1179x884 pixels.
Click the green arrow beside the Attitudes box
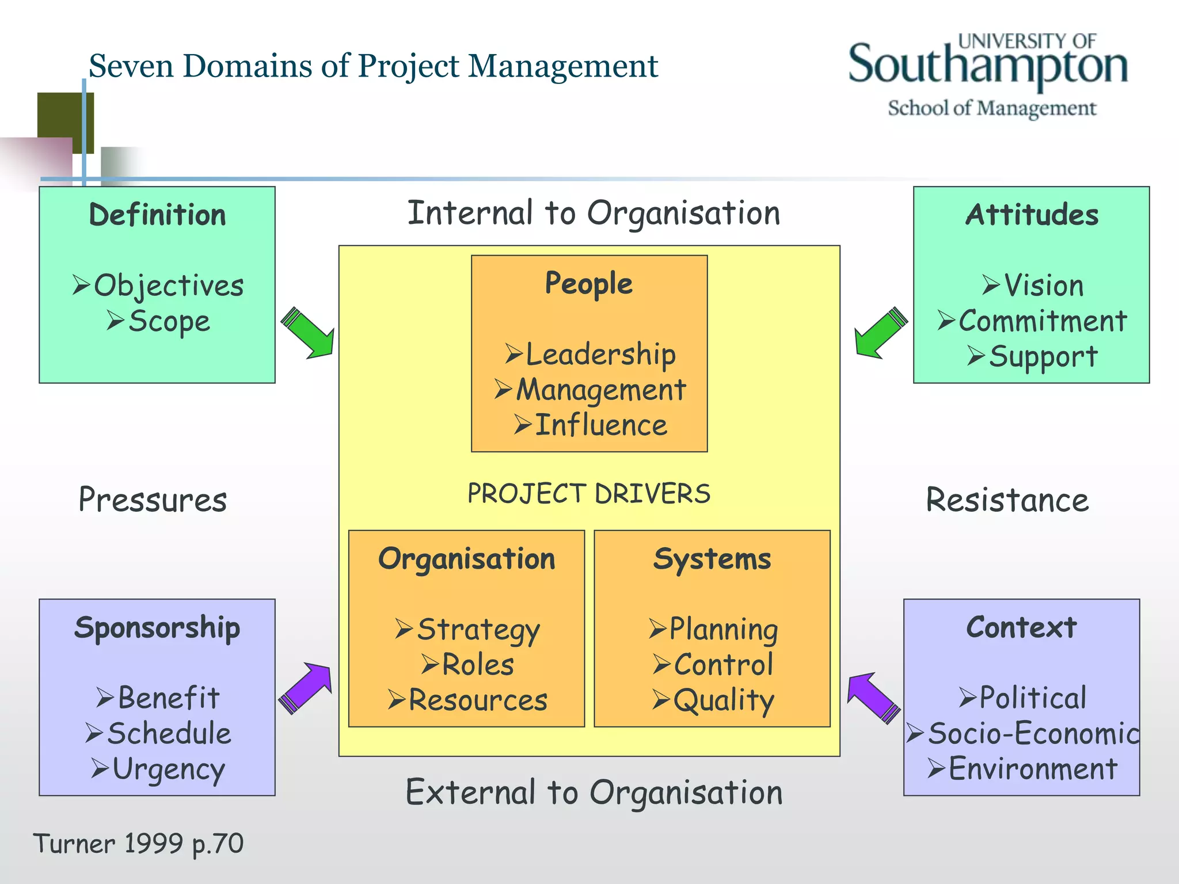pos(880,333)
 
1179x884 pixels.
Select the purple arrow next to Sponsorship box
pos(306,688)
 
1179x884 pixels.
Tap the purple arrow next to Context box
pos(873,697)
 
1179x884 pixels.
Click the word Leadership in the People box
pos(600,354)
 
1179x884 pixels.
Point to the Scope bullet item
pos(169,321)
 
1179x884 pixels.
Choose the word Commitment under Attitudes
pos(1042,321)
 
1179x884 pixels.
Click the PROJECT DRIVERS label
pos(589,494)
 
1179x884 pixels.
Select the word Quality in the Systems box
pos(724,700)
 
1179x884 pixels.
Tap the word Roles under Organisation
pos(477,665)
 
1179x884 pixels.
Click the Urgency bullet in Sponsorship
pos(168,769)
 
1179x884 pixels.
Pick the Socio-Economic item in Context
pos(1033,734)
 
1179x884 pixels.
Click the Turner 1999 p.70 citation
pos(139,844)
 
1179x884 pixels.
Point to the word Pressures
pos(153,500)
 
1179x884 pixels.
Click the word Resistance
pos(1007,500)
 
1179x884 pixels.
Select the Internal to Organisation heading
pos(594,213)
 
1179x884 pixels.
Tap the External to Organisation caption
pos(594,792)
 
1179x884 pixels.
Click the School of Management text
pos(992,108)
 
